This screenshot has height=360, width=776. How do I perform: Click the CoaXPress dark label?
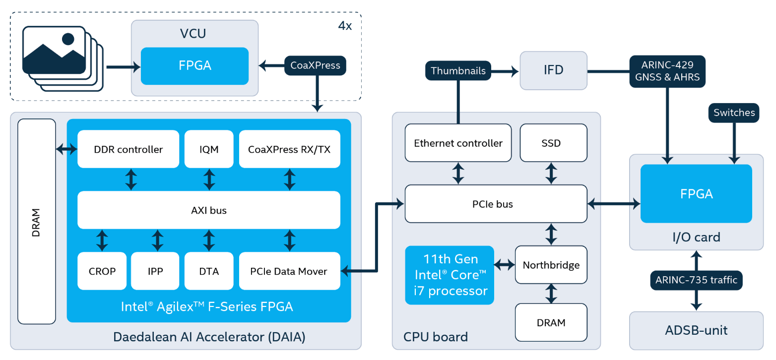[x=315, y=65]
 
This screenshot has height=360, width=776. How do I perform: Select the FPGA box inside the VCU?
[x=194, y=66]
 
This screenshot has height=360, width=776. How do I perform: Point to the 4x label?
[x=345, y=26]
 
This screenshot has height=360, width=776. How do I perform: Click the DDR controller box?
[x=128, y=149]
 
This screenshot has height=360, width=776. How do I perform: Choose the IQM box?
[x=209, y=149]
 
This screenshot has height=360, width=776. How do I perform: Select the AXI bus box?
[x=209, y=210]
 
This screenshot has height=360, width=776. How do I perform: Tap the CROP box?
[x=102, y=271]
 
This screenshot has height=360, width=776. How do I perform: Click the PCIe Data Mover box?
[x=290, y=271]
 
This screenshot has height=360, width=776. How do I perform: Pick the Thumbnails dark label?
[x=458, y=70]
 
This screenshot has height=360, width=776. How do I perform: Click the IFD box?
[x=554, y=70]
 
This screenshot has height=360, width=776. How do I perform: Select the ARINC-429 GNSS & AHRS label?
[x=667, y=71]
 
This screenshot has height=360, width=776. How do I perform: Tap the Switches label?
[x=734, y=113]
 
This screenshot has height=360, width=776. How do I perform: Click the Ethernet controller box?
[x=458, y=143]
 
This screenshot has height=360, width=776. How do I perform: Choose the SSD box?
[x=554, y=143]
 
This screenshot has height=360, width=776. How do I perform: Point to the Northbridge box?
[x=551, y=265]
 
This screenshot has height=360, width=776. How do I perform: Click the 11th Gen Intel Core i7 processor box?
[x=450, y=275]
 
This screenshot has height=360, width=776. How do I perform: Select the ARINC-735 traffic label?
[x=696, y=280]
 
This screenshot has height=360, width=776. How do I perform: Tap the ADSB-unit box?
[x=696, y=331]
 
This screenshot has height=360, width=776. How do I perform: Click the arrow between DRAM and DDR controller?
[x=66, y=149]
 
